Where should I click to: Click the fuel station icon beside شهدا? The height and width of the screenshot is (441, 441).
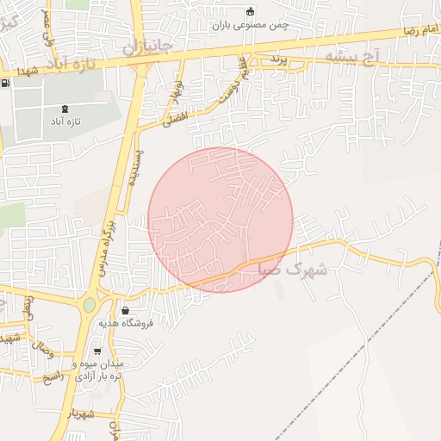pyautogui.click(x=8, y=84)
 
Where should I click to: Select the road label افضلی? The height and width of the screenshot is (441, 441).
pyautogui.click(x=176, y=121)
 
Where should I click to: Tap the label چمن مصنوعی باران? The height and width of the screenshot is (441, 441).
pyautogui.click(x=250, y=25)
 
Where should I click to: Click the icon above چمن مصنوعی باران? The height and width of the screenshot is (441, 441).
pyautogui.click(x=250, y=11)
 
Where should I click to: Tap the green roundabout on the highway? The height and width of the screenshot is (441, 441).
pyautogui.click(x=90, y=305)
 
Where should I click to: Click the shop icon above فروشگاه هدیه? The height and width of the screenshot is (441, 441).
pyautogui.click(x=127, y=310)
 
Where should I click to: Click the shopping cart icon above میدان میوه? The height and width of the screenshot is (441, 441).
pyautogui.click(x=97, y=351)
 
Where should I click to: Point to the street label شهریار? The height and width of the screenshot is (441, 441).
pyautogui.click(x=83, y=413)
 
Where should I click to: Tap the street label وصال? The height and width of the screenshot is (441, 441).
pyautogui.click(x=41, y=351)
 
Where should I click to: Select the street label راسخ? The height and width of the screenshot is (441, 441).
pyautogui.click(x=53, y=377)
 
